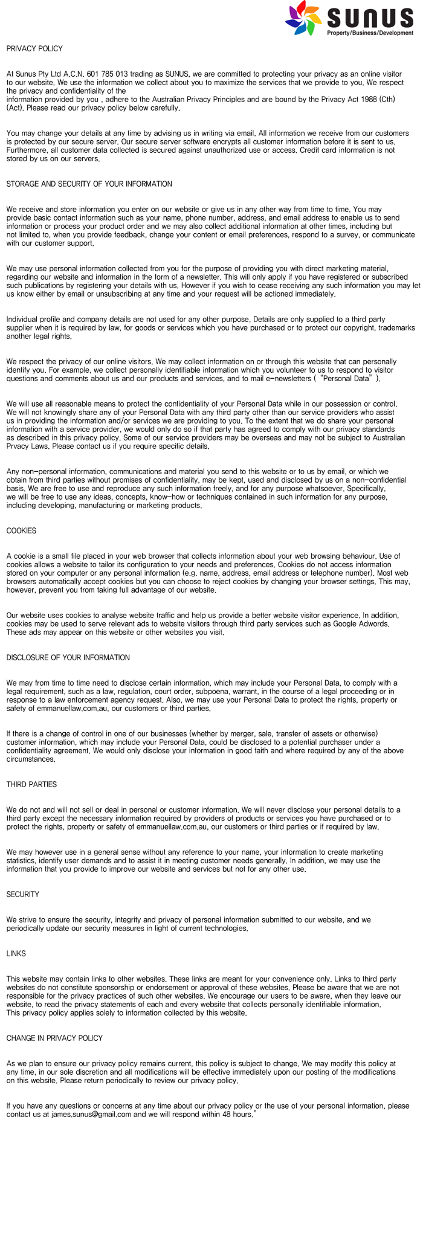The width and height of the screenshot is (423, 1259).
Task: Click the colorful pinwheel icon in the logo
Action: coord(303,18)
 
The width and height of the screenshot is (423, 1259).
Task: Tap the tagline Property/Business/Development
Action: coord(370,33)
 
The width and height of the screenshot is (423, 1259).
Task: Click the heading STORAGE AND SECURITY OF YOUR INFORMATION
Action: coord(89,184)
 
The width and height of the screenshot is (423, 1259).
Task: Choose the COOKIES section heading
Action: coord(21,531)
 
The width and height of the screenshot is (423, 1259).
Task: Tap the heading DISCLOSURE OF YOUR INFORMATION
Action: coord(68,658)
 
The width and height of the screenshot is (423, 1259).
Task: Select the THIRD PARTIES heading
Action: coord(31,785)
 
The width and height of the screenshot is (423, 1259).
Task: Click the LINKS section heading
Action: coord(16,954)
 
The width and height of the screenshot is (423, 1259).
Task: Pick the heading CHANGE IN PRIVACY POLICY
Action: coord(54,1038)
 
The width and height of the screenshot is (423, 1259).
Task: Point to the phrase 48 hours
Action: coord(236,1115)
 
